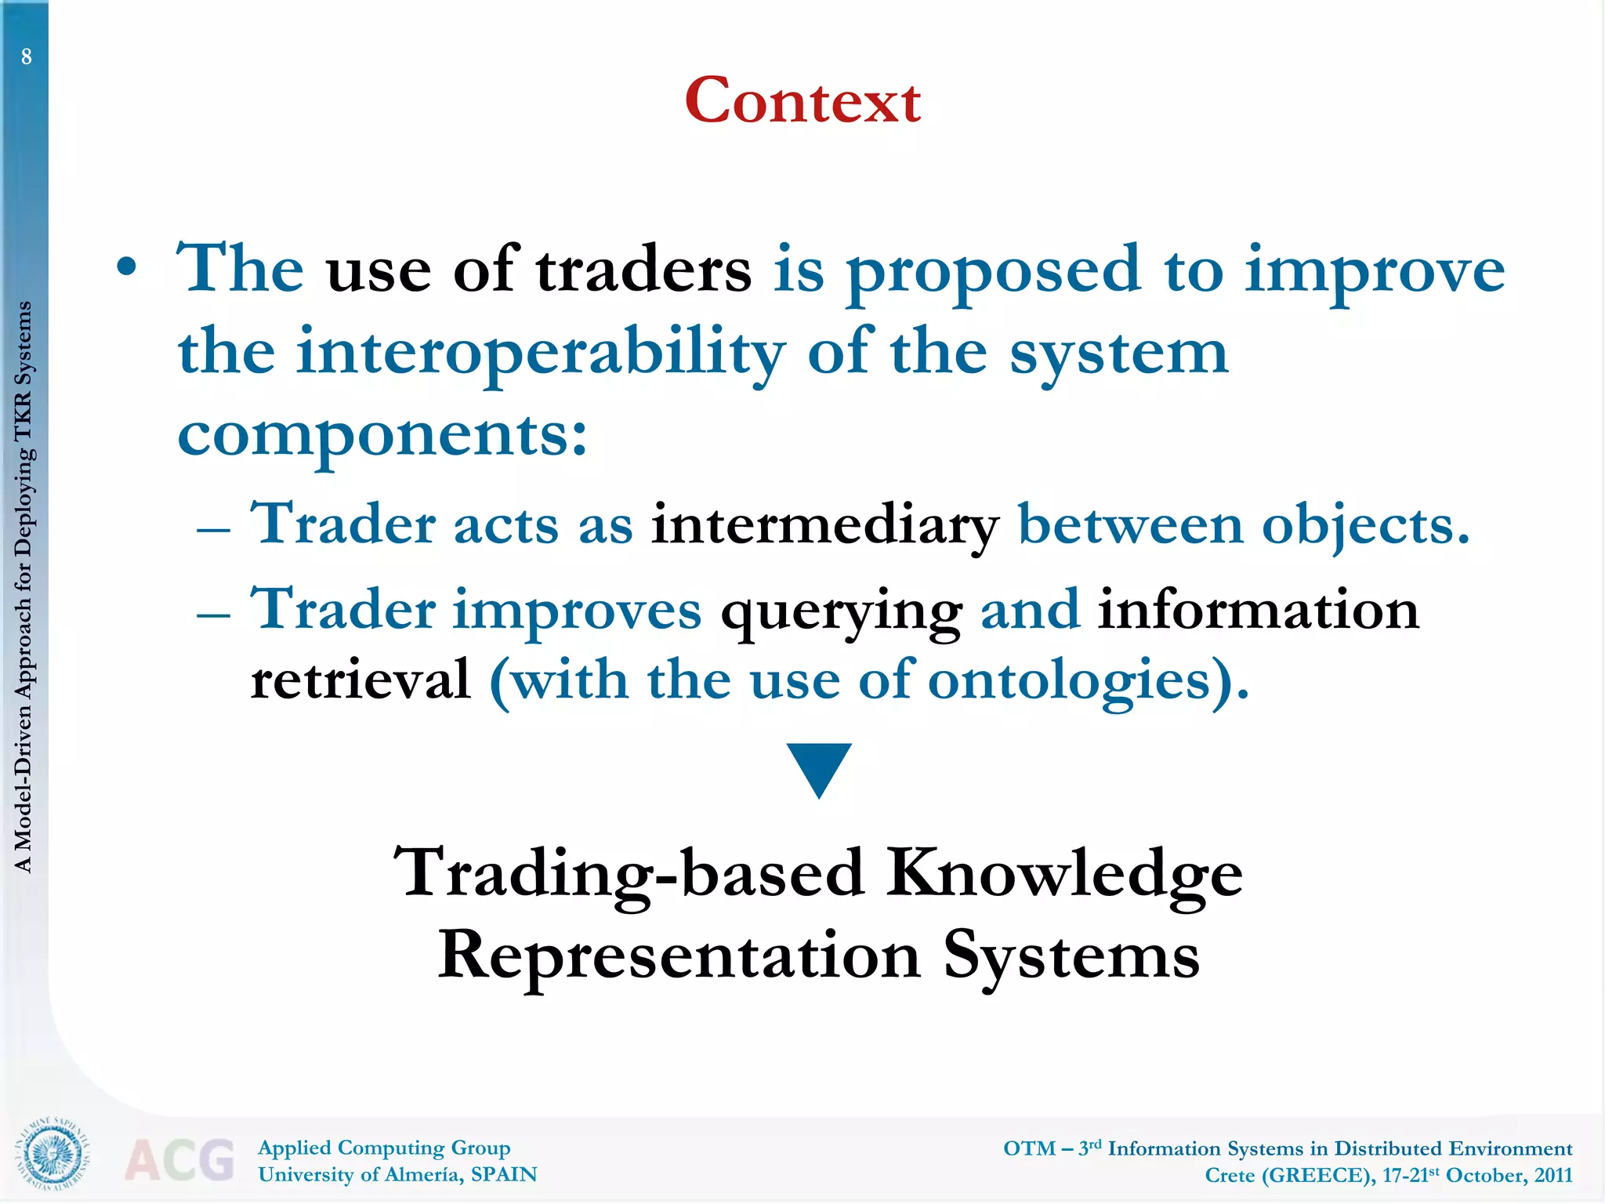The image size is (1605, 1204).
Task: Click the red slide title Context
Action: pos(802,101)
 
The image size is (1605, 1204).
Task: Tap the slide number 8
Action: pos(27,56)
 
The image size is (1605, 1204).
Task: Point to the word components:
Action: pos(382,437)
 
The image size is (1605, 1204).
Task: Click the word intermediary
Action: pos(824,525)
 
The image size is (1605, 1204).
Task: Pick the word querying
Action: pos(841,612)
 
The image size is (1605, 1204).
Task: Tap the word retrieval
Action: pos(360,680)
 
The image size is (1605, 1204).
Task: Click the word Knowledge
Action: pos(1064,874)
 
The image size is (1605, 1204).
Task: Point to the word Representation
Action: pos(679,956)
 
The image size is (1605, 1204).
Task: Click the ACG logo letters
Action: pos(179,1159)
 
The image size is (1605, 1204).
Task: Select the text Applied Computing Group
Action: pos(384,1148)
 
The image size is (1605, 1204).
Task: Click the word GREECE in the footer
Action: pos(1317,1175)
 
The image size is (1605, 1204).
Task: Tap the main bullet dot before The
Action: pos(126,268)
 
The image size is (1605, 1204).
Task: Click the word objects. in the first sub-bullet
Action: pos(1244,525)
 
